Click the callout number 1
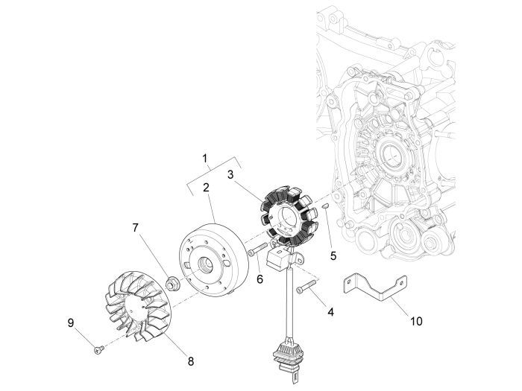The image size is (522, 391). click(x=206, y=159)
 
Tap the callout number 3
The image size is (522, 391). click(x=232, y=174)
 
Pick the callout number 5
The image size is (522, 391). click(x=333, y=255)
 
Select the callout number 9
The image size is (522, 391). click(x=71, y=322)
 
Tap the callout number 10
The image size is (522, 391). click(x=416, y=321)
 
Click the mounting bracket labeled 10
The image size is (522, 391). click(x=377, y=290)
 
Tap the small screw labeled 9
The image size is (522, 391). click(x=98, y=349)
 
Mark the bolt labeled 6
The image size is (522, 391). click(x=258, y=249)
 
